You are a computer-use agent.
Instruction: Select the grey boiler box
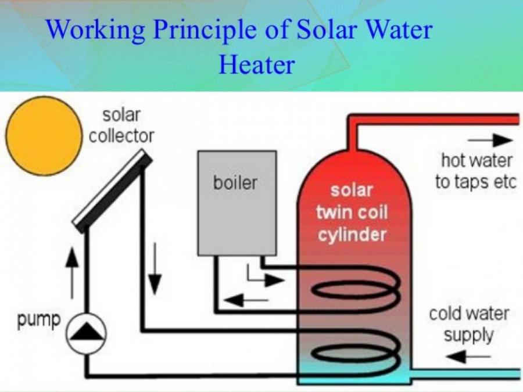point(237,203)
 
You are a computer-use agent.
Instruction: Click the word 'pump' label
point(39,318)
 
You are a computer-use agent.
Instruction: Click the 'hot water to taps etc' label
point(475,171)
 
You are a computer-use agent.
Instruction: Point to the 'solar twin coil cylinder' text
point(351,213)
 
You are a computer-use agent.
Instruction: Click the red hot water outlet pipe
point(436,119)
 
